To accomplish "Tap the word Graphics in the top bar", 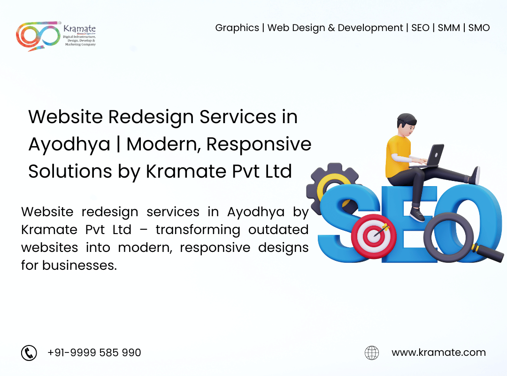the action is pyautogui.click(x=237, y=28).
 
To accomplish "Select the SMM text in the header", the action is pyautogui.click(x=449, y=28).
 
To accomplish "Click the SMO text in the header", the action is pyautogui.click(x=479, y=28).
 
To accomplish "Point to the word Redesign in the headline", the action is pyautogui.click(x=151, y=117).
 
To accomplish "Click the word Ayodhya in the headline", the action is pyautogui.click(x=69, y=145).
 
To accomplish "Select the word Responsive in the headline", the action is pyautogui.click(x=259, y=145).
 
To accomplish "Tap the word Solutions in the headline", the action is pyautogui.click(x=70, y=171).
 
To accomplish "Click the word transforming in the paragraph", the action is pyautogui.click(x=198, y=230).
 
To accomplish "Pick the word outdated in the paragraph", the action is pyautogui.click(x=278, y=230).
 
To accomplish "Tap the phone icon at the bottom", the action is pyautogui.click(x=29, y=352).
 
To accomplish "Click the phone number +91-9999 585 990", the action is pyautogui.click(x=94, y=352).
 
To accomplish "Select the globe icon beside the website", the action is pyautogui.click(x=372, y=352).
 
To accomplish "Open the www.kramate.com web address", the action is pyautogui.click(x=438, y=352).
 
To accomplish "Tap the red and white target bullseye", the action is pyautogui.click(x=374, y=236).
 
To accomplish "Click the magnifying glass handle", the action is pyautogui.click(x=488, y=253).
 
